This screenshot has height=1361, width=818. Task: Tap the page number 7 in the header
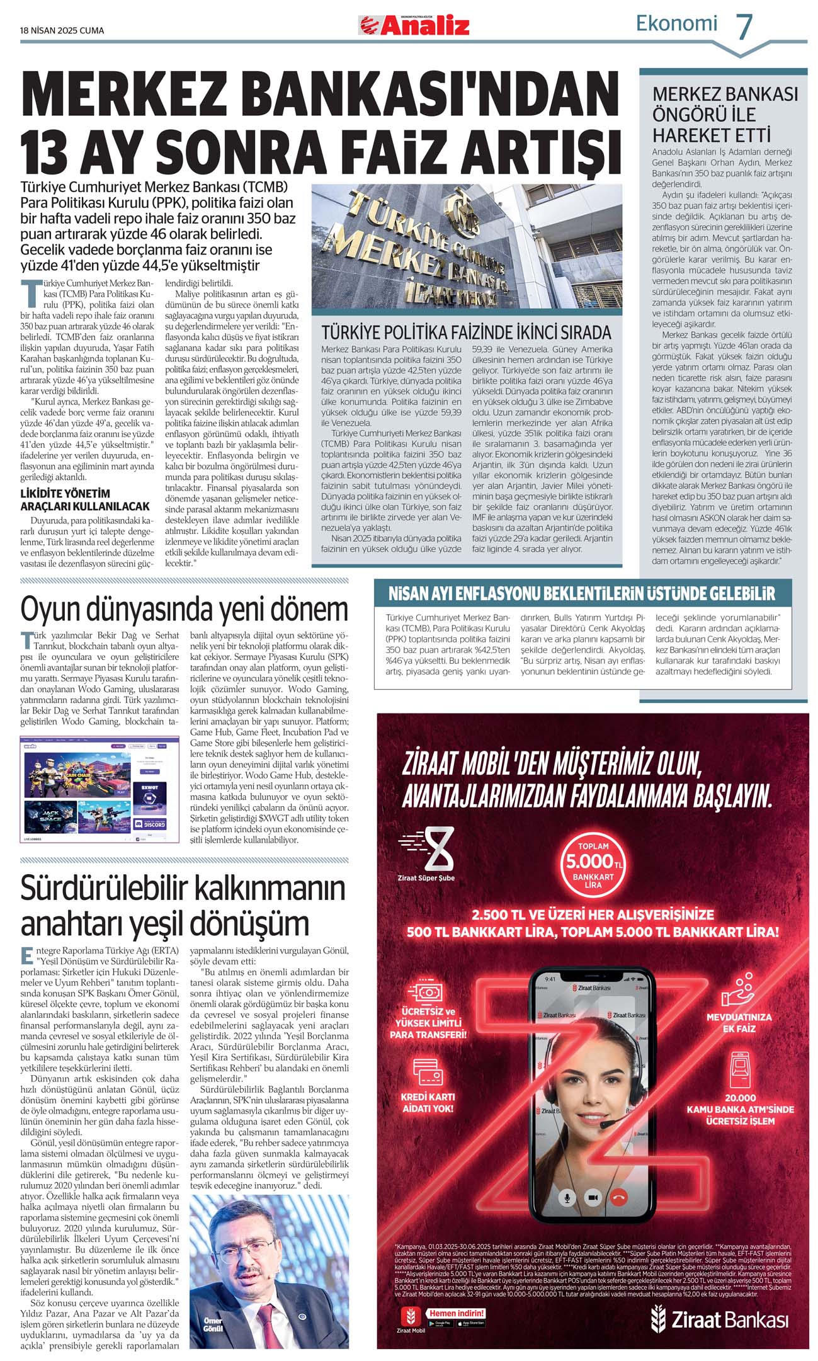(x=744, y=27)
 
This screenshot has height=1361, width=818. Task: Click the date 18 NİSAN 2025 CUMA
(x=62, y=30)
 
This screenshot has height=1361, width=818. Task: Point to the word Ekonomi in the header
(x=676, y=23)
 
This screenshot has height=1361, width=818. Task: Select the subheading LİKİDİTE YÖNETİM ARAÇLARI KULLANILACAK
(x=85, y=499)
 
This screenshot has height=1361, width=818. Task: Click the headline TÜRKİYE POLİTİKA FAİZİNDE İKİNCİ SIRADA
(x=466, y=332)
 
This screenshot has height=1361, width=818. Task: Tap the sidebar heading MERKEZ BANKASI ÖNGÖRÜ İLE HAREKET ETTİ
(x=724, y=114)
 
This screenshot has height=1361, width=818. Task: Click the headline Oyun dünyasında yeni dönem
(x=184, y=608)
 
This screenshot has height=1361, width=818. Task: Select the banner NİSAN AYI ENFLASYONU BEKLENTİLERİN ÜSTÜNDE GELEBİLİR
(x=581, y=593)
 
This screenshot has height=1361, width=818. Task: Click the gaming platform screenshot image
(x=99, y=789)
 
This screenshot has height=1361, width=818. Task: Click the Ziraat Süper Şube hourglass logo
(x=426, y=853)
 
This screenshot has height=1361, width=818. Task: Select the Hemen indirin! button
(x=457, y=1313)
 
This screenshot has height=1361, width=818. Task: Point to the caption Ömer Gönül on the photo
(x=213, y=1324)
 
